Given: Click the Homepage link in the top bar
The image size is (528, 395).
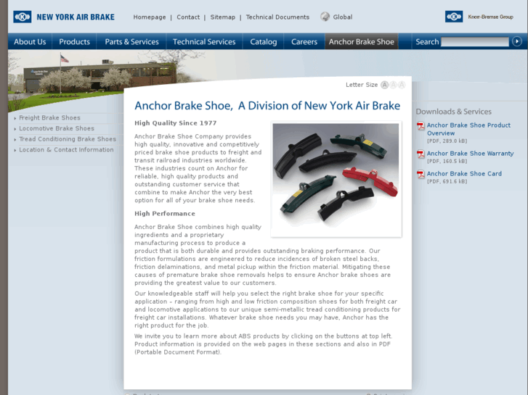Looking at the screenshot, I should click(x=150, y=17).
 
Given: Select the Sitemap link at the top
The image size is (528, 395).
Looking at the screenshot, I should click(x=223, y=17).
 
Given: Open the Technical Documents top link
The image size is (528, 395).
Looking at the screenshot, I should click(x=277, y=17).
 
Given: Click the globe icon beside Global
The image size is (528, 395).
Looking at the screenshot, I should click(x=325, y=17).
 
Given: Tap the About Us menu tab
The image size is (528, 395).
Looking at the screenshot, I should click(x=30, y=42).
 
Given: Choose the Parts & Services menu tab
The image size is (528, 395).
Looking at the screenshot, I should click(x=131, y=42).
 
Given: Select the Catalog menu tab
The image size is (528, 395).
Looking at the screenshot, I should click(x=264, y=42).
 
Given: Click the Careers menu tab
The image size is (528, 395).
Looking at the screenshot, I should click(x=304, y=42).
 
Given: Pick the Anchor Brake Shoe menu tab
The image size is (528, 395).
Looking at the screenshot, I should click(x=362, y=42).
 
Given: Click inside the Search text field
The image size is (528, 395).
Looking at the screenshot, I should click(x=474, y=42).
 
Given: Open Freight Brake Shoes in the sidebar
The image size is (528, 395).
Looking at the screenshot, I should click(x=49, y=118).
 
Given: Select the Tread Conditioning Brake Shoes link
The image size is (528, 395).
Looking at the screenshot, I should click(x=68, y=139).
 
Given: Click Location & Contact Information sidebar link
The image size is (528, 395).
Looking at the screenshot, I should click(x=66, y=150).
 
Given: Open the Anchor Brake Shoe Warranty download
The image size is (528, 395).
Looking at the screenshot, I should click(x=470, y=154).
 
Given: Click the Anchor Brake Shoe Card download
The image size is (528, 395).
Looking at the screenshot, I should click(x=464, y=174).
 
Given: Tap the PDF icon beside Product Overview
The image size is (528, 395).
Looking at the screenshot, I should click(x=421, y=126).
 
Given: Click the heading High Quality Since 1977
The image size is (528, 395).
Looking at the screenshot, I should click(x=175, y=123).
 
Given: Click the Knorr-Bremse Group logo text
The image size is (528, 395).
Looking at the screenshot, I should click(x=490, y=17).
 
